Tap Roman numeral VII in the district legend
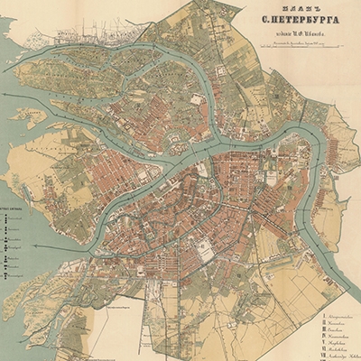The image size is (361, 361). pos(324,353)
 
